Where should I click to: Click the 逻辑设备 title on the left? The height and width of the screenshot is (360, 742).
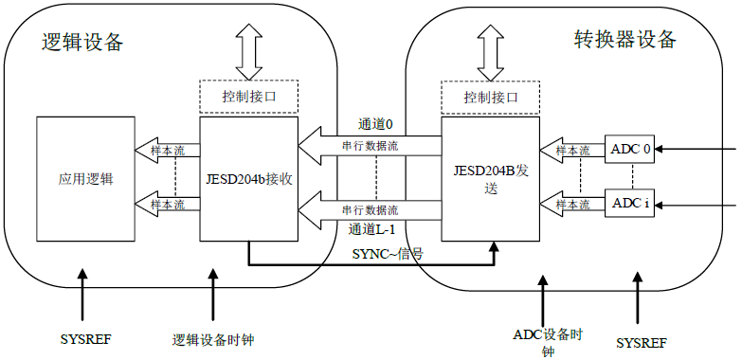point(82,43)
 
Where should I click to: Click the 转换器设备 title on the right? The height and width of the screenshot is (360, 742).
point(625,39)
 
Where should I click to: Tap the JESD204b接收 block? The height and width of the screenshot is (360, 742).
point(248,177)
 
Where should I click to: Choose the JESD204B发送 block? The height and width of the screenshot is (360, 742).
point(491,178)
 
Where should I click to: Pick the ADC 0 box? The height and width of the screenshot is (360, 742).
point(630,150)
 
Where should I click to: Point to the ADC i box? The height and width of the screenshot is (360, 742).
point(630,203)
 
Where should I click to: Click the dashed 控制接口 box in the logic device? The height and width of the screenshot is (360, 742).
point(249,97)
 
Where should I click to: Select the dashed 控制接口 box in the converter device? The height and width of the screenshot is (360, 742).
point(491,97)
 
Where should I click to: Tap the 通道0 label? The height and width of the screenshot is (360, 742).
point(375,124)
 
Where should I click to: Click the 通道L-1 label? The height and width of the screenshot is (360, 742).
point(371,228)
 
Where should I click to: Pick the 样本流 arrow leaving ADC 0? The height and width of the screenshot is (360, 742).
point(571,150)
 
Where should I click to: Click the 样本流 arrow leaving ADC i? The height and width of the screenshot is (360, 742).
point(571,203)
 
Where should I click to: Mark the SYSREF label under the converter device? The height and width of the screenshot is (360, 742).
point(642,341)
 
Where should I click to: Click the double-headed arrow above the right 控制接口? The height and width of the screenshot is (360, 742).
point(491,53)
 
